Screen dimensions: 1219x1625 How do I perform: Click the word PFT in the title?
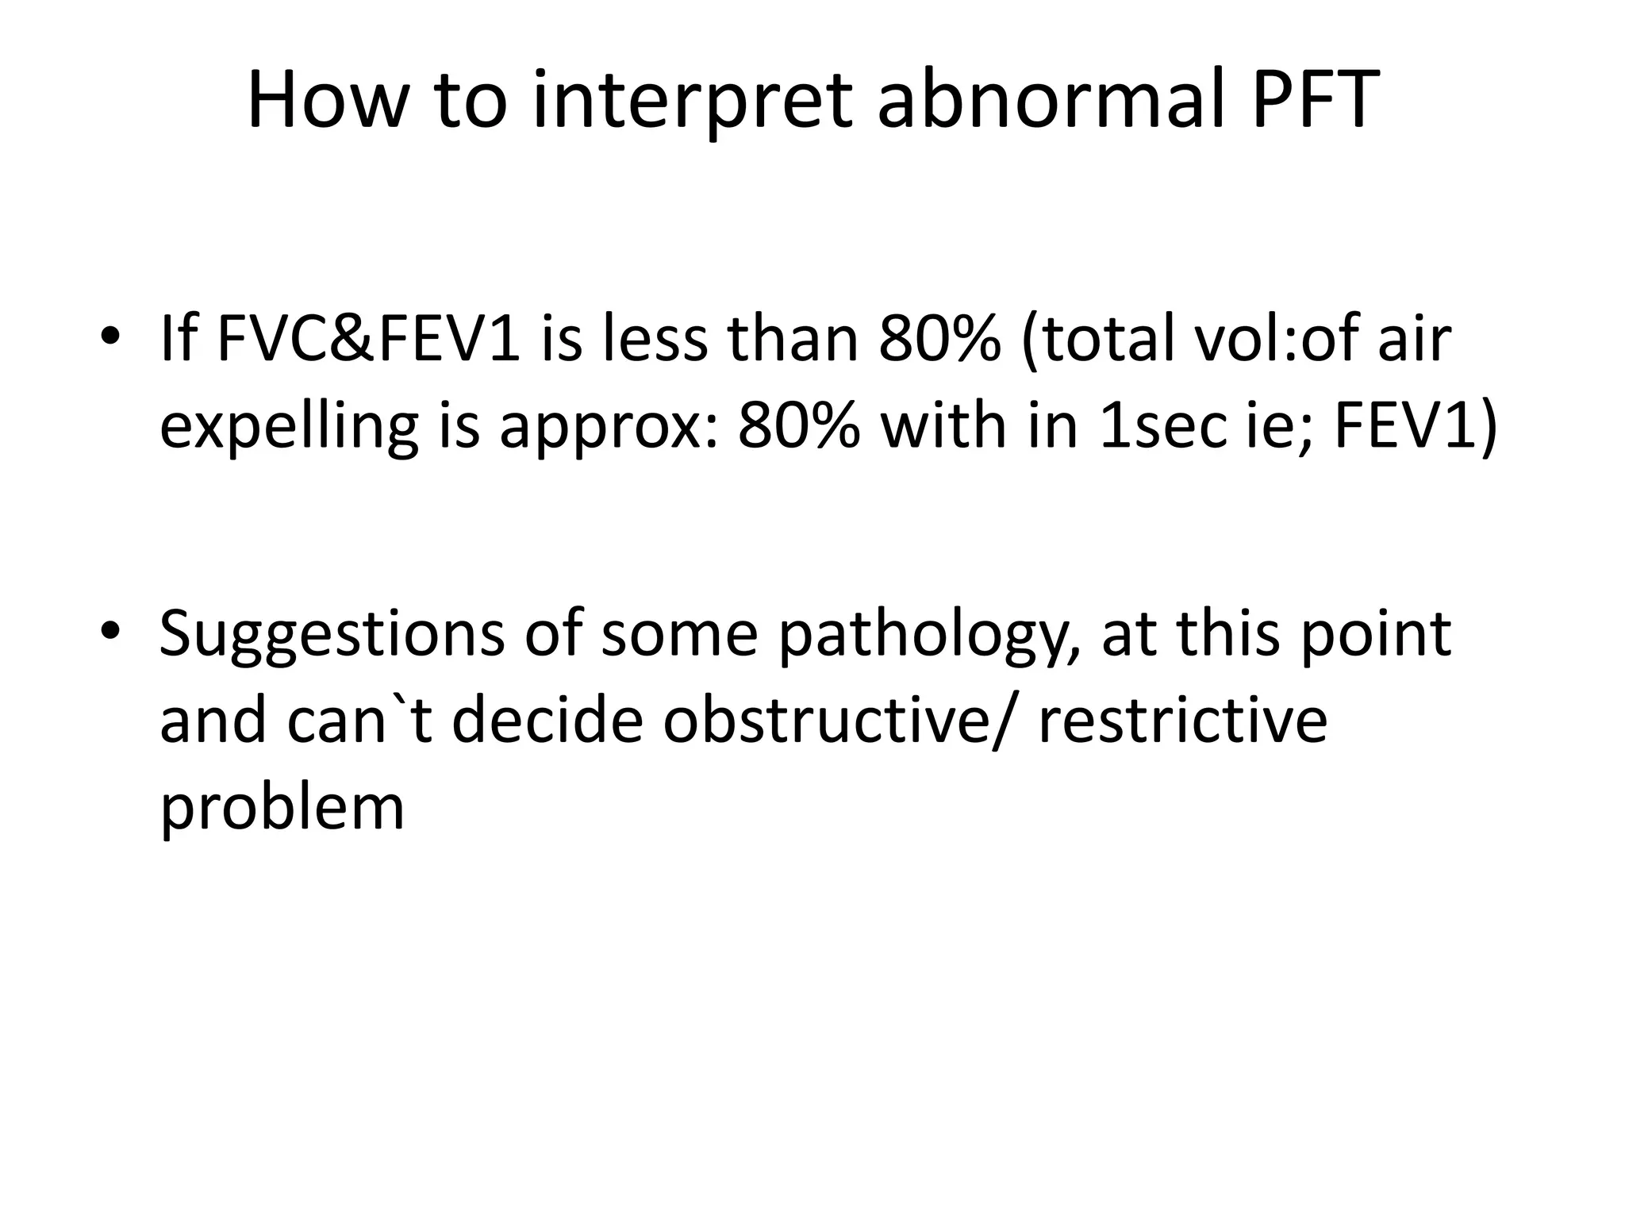point(1315,101)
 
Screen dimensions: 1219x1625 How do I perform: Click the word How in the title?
point(325,101)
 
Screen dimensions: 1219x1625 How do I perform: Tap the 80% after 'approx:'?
point(799,426)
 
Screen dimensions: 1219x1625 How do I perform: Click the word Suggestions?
point(332,635)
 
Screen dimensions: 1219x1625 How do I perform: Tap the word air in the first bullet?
point(1414,339)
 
